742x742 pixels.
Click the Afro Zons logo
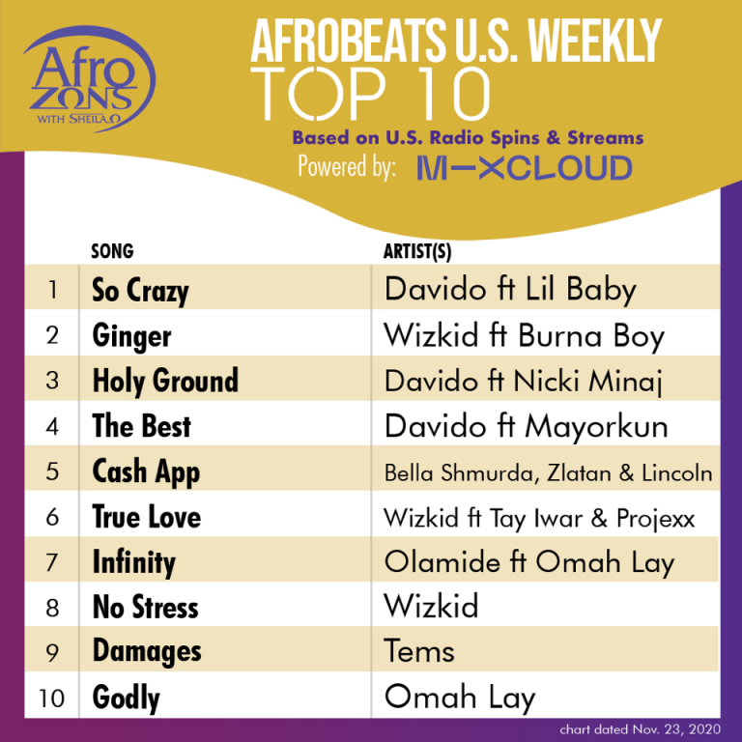[x=90, y=78]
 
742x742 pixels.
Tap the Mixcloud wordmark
[x=525, y=168]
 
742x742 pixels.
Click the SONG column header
[x=113, y=251]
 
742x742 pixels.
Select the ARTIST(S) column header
[x=417, y=252]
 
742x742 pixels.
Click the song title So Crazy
[x=140, y=291]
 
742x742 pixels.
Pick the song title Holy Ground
[x=165, y=381]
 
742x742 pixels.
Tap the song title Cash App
[x=146, y=472]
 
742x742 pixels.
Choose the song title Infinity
[x=134, y=563]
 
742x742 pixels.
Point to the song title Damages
[x=147, y=651]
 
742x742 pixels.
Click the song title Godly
[x=127, y=698]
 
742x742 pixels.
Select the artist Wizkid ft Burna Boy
[x=524, y=336]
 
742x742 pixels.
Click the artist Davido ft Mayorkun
[x=526, y=426]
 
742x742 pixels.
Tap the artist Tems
[x=419, y=651]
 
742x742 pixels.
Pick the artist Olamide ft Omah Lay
[x=529, y=562]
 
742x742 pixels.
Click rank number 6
[x=52, y=517]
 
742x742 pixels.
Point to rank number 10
[x=51, y=699]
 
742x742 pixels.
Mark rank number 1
[x=52, y=290]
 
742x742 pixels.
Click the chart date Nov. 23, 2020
[x=641, y=729]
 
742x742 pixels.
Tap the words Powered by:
[x=347, y=167]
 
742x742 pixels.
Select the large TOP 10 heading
[x=370, y=94]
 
